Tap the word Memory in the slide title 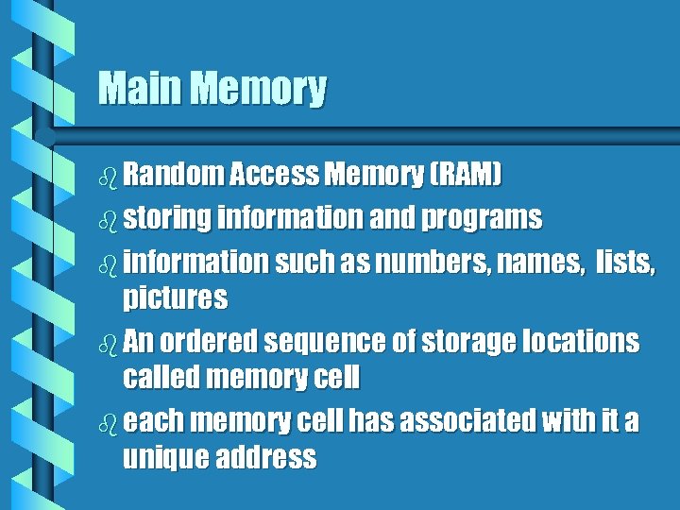pos(257,91)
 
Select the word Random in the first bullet pos(174,175)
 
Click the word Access pos(274,175)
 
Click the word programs pos(482,219)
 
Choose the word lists pos(624,261)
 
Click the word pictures pos(176,299)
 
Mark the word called pos(161,380)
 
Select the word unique pos(165,460)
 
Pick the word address pos(266,460)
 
